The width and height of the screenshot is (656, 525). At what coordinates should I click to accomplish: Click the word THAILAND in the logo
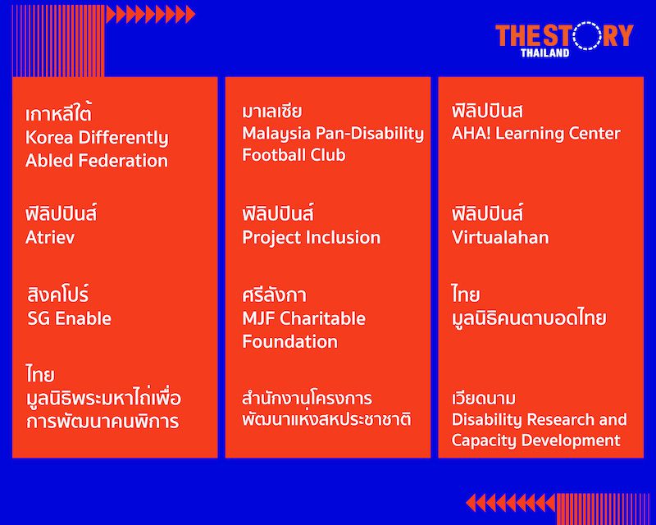(544, 52)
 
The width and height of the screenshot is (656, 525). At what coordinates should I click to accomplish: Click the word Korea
(49, 137)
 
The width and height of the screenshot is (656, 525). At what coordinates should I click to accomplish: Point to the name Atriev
(50, 237)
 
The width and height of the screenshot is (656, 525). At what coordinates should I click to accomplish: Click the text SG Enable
(70, 318)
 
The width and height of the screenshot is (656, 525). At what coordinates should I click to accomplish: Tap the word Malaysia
(276, 134)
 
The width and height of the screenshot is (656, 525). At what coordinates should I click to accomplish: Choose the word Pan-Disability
(370, 134)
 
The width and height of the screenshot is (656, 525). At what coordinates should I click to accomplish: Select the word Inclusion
(343, 237)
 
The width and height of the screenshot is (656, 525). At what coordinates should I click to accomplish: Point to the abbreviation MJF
(258, 318)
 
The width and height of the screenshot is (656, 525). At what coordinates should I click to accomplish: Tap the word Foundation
(290, 341)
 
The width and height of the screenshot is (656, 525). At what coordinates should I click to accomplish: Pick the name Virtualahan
(500, 237)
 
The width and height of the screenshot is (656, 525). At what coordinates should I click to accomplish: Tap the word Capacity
(483, 441)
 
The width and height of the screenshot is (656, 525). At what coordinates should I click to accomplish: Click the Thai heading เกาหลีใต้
(58, 113)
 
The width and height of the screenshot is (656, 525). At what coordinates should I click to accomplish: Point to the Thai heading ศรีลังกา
(274, 294)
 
